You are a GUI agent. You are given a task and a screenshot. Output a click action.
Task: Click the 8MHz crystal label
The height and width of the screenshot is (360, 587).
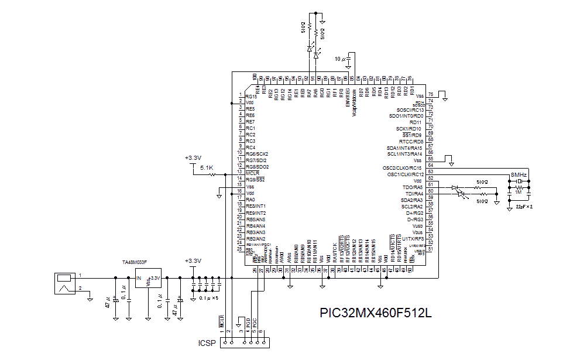[519, 175]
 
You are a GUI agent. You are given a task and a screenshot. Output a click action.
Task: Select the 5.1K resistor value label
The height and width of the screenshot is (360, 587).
[207, 168]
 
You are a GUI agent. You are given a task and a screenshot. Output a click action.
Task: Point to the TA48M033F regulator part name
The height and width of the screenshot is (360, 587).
[134, 262]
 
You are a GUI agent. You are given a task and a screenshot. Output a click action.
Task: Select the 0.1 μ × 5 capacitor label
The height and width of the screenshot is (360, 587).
[209, 298]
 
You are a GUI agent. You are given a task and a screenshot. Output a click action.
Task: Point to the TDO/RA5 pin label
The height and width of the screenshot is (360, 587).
[412, 187]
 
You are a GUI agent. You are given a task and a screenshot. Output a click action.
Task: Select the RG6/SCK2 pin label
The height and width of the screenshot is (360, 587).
[256, 154]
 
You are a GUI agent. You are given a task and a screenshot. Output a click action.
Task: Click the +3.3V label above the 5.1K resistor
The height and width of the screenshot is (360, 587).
[193, 157]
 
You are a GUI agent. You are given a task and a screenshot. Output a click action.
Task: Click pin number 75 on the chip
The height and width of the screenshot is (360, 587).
[431, 94]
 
